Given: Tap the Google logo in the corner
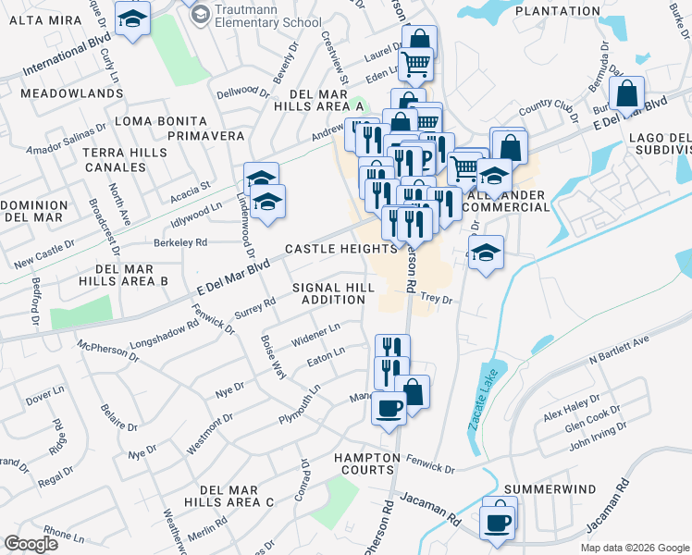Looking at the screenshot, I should click(x=31, y=543).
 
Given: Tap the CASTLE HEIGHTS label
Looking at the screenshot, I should click(x=341, y=249).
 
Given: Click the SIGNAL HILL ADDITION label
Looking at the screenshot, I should click(x=334, y=293).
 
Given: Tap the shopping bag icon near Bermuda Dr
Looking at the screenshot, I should click(x=627, y=94).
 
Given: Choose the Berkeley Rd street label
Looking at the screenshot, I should click(x=181, y=242).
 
